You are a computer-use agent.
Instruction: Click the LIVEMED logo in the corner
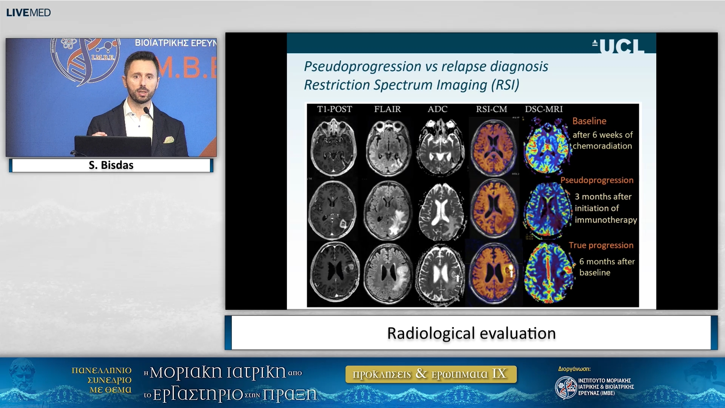[28, 12]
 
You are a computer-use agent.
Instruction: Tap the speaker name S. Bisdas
[111, 165]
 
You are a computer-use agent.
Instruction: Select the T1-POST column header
[335, 109]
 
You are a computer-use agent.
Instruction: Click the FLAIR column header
[387, 109]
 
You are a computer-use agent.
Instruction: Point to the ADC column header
[437, 109]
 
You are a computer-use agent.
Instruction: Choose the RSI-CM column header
[491, 109]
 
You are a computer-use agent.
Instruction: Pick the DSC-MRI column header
[544, 109]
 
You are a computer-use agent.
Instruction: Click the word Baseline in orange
[589, 121]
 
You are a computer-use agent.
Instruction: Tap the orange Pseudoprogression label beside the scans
[597, 180]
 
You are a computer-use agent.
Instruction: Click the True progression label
[601, 245]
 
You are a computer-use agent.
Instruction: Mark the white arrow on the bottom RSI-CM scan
[511, 272]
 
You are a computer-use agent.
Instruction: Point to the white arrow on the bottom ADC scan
[457, 278]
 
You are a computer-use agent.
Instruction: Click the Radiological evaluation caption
[471, 333]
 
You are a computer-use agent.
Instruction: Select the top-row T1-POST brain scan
[333, 147]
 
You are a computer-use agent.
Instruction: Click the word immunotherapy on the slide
[606, 220]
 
